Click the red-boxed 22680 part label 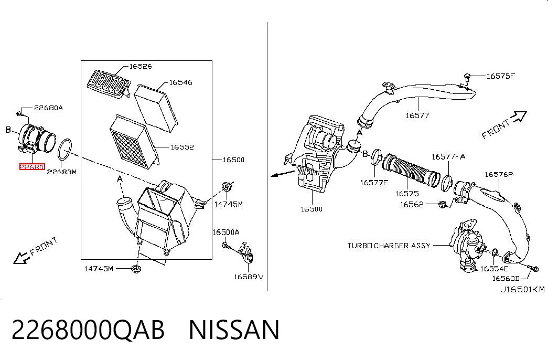pos(32,167)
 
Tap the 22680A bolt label pos(49,108)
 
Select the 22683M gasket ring pos(65,149)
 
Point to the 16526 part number pos(141,66)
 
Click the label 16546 pos(181,82)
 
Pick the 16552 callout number pos(182,147)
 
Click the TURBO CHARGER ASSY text pos(389,246)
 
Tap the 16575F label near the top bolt pos(501,76)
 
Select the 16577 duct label pos(417,115)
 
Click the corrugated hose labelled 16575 pos(411,169)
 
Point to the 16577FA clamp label pos(448,156)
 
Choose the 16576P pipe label pos(499,174)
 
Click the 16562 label pos(412,204)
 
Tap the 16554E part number pos(495,268)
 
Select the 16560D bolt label pos(506,278)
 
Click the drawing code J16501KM pos(523,289)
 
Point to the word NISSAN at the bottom pos(234,330)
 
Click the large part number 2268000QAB pos(88,330)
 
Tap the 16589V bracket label pos(249,277)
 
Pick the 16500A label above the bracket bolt pos(226,232)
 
